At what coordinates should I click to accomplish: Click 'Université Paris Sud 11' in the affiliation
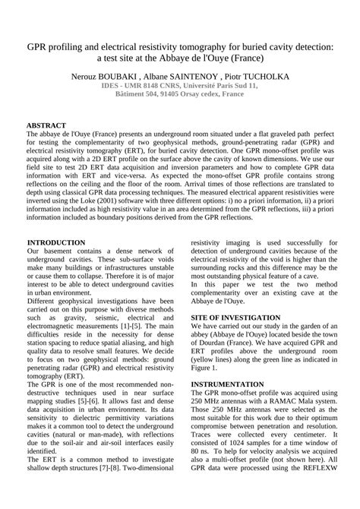point(215,87)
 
